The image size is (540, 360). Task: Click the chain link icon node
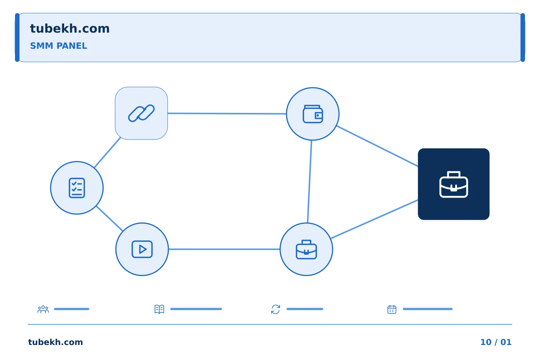pyautogui.click(x=141, y=113)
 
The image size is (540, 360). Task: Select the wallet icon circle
pyautogui.click(x=313, y=114)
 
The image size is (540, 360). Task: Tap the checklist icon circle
pyautogui.click(x=77, y=188)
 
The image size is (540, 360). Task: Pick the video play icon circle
pyautogui.click(x=142, y=249)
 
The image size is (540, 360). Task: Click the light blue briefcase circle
pyautogui.click(x=306, y=249)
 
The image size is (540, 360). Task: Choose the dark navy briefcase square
pyautogui.click(x=454, y=184)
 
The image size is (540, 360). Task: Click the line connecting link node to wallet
pyautogui.click(x=227, y=113)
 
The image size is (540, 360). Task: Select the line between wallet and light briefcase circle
pyautogui.click(x=309, y=181)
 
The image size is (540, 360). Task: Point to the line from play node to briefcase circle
pyautogui.click(x=224, y=249)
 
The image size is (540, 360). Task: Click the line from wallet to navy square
pyautogui.click(x=377, y=146)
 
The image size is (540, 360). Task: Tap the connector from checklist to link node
pyautogui.click(x=107, y=152)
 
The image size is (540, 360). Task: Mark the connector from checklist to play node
pyautogui.click(x=109, y=219)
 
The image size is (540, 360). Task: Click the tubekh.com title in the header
pyautogui.click(x=70, y=28)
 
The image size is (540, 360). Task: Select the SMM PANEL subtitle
pyautogui.click(x=58, y=46)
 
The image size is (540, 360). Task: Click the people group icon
pyautogui.click(x=43, y=309)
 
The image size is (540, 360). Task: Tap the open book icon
pyautogui.click(x=159, y=309)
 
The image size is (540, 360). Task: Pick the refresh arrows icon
pyautogui.click(x=276, y=309)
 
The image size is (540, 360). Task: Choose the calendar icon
pyautogui.click(x=392, y=309)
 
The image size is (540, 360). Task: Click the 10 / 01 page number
pyautogui.click(x=496, y=342)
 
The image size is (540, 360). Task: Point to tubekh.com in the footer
pyautogui.click(x=55, y=342)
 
